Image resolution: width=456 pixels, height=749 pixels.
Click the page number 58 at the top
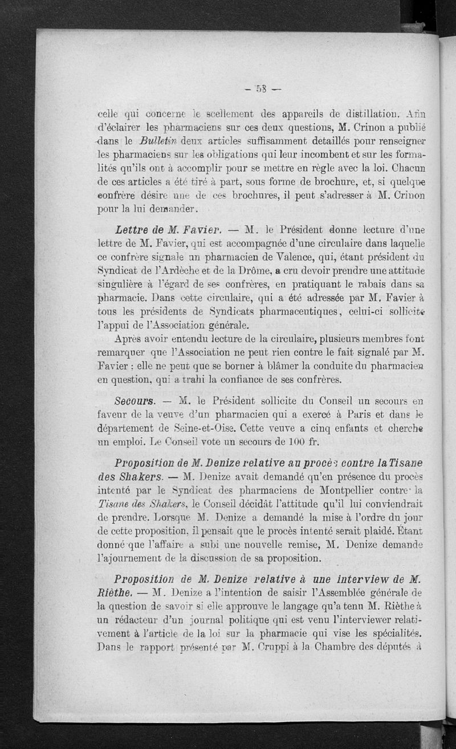coord(262,88)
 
